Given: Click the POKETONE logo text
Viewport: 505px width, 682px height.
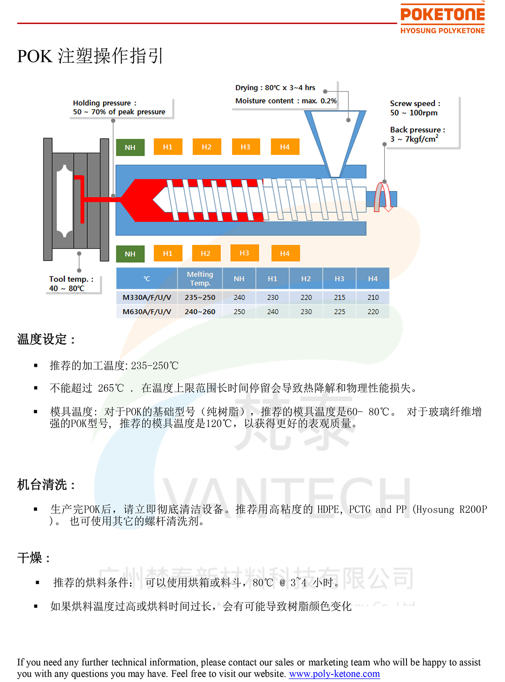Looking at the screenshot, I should (442, 15).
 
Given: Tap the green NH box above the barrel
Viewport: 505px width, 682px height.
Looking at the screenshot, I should (130, 147).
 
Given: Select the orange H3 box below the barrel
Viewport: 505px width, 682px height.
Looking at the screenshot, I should (245, 253).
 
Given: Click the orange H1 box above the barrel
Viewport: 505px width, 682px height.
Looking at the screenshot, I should (168, 147).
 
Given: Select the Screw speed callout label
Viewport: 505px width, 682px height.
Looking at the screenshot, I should (415, 103).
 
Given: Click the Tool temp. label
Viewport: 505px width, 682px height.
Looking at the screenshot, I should (71, 279).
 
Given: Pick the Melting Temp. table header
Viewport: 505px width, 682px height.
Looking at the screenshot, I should (200, 279).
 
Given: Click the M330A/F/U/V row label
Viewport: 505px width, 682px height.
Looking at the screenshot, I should (147, 297).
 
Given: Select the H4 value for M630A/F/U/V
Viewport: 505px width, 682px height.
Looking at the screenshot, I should (373, 312).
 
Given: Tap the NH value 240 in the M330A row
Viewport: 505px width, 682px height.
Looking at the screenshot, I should (239, 297).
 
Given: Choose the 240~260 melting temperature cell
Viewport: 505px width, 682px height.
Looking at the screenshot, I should (200, 312).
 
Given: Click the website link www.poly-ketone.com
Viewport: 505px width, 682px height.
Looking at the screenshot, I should (334, 674).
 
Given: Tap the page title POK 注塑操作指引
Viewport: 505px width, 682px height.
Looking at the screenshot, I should (90, 56).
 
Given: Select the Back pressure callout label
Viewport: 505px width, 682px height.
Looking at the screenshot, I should (417, 130).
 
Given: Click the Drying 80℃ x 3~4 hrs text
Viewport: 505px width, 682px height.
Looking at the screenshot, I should (275, 88).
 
